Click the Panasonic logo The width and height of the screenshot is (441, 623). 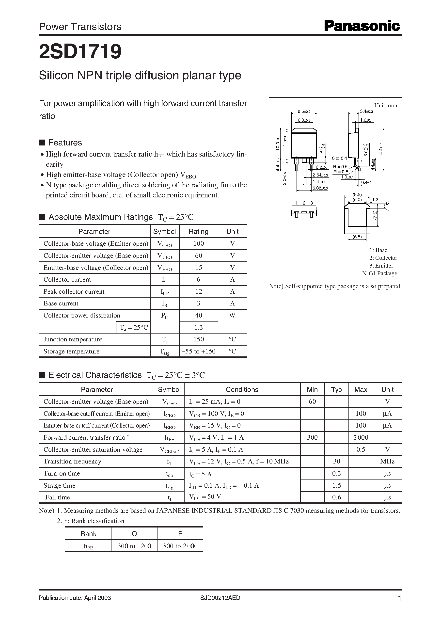[362, 26]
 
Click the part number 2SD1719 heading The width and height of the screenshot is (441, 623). [80, 52]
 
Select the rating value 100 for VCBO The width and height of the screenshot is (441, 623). [199, 244]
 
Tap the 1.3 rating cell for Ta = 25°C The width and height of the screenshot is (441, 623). [199, 328]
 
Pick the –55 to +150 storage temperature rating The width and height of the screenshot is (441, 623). [199, 351]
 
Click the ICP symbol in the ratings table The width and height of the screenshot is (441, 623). [165, 292]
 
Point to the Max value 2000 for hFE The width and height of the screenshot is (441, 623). [361, 437]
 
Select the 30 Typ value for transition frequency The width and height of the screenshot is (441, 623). [336, 462]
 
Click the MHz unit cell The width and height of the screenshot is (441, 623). [387, 462]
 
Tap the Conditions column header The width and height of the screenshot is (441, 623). [242, 389]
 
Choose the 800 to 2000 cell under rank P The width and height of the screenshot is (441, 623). [180, 546]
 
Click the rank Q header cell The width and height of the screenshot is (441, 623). [134, 534]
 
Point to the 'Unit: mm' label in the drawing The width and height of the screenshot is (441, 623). [385, 105]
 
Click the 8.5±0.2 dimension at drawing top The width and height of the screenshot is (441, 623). [304, 111]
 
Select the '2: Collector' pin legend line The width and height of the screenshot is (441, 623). [383, 258]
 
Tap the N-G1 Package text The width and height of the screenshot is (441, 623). [379, 273]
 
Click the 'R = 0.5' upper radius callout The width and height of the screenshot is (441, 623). [340, 166]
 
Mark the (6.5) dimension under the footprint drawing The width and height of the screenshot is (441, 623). [357, 237]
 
